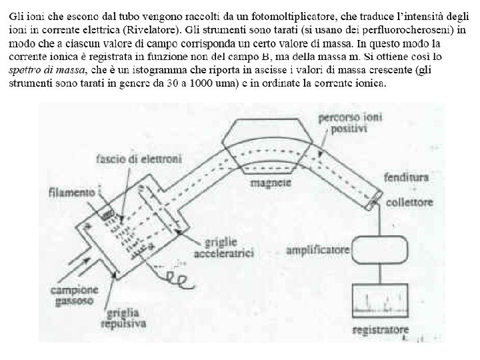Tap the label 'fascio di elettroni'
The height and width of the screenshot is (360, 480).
point(141,159)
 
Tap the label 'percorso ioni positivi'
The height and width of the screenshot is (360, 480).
point(343,123)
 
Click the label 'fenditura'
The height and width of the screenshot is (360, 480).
point(406,178)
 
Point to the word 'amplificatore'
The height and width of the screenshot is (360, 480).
point(317,251)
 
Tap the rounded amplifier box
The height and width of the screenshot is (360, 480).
point(381,251)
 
